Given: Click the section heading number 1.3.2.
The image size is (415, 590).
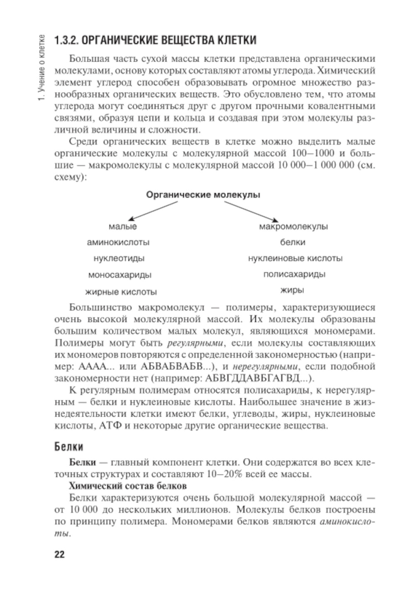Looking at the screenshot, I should pos(66,41).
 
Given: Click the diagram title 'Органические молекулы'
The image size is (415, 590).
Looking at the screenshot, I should pos(203,195).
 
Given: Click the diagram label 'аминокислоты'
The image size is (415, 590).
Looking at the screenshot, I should pos(118,242).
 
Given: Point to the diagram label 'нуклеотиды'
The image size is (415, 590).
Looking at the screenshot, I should pos(119,258).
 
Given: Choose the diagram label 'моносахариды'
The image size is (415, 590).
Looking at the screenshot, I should pos(120,274).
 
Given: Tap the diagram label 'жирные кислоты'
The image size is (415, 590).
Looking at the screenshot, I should pos(121,292).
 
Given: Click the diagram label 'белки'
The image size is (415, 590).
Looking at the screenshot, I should pos(293,242).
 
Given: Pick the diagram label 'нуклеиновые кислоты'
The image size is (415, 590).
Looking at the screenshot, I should pos(295,258).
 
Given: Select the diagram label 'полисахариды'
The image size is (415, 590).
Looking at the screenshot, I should pos(294,274).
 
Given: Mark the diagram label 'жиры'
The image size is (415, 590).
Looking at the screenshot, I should pos(292,290).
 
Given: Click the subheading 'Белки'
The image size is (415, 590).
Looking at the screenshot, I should pos(69,447).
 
